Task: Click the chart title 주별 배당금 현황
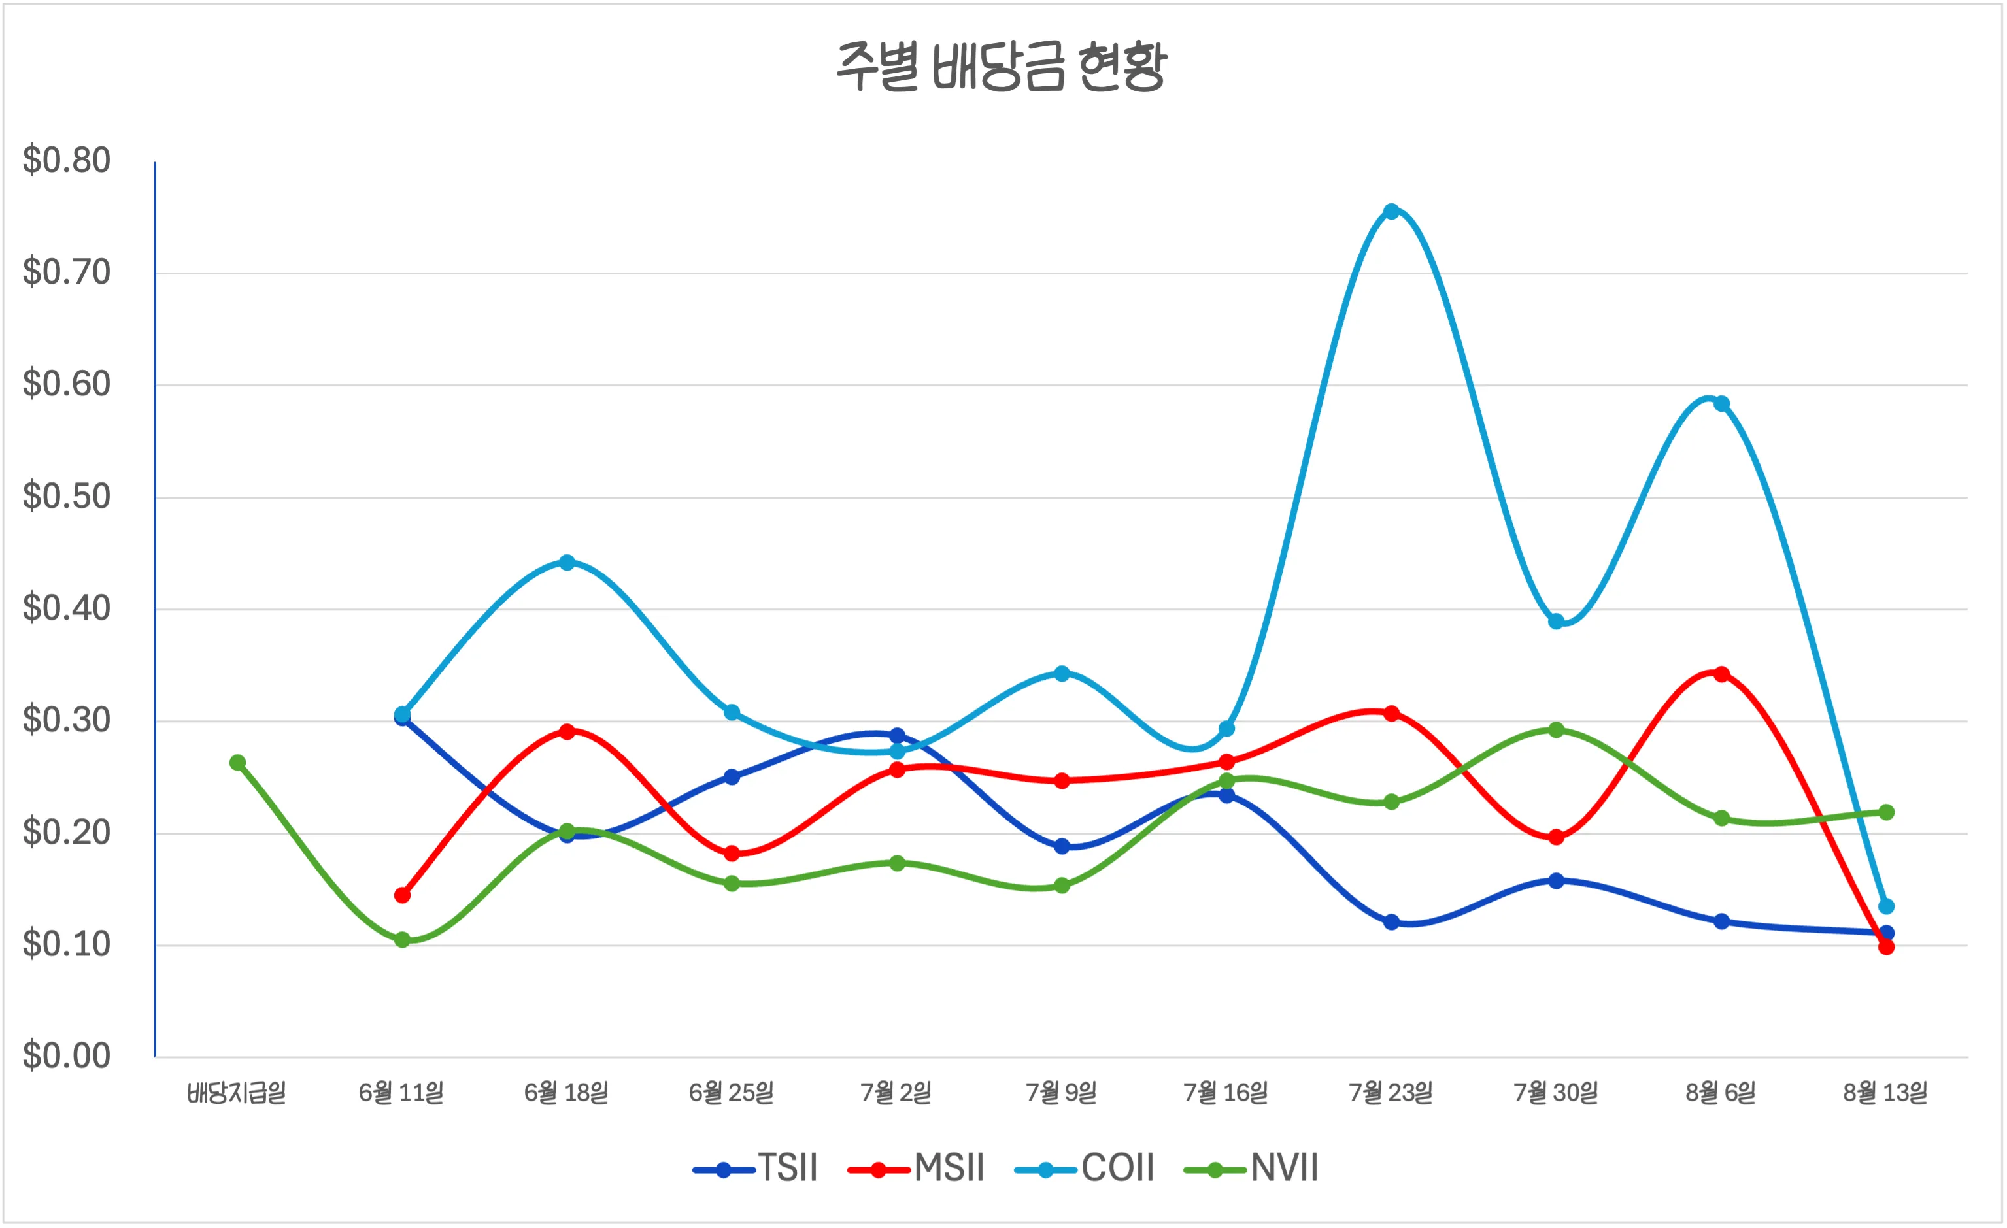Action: (1002, 67)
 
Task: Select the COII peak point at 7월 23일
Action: (1391, 212)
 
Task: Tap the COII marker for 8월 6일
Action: (1721, 404)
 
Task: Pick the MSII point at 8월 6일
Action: (1721, 674)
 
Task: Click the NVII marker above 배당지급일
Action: (238, 762)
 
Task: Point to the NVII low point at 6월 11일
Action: (402, 940)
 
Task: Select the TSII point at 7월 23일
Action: (1391, 921)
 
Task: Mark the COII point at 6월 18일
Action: (567, 562)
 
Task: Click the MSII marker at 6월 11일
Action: (402, 895)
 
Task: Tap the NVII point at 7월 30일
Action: (1556, 729)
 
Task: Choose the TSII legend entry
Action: (756, 1168)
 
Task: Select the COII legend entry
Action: (1085, 1168)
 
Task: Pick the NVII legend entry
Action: (1251, 1168)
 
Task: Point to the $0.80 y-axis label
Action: (67, 160)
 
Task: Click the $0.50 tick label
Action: (67, 496)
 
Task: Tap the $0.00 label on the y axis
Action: (67, 1055)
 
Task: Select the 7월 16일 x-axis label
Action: (1226, 1092)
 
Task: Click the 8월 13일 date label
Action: (1885, 1092)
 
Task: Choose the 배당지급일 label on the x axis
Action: (237, 1092)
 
